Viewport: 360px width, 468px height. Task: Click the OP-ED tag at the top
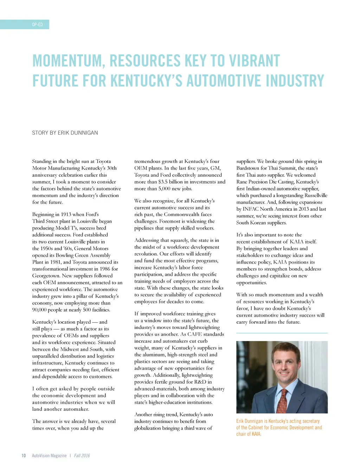[37, 24]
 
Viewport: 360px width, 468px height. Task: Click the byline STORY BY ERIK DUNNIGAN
[65, 133]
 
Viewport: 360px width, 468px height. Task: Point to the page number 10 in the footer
[24, 455]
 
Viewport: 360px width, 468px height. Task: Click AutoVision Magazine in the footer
[49, 455]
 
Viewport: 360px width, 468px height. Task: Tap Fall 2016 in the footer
[82, 455]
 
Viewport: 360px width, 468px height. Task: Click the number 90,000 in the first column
[40, 310]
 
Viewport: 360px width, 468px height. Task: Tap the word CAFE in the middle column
[194, 334]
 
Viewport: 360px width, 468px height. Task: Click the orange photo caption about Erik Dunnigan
[279, 427]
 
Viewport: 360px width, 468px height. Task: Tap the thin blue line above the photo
[282, 333]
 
